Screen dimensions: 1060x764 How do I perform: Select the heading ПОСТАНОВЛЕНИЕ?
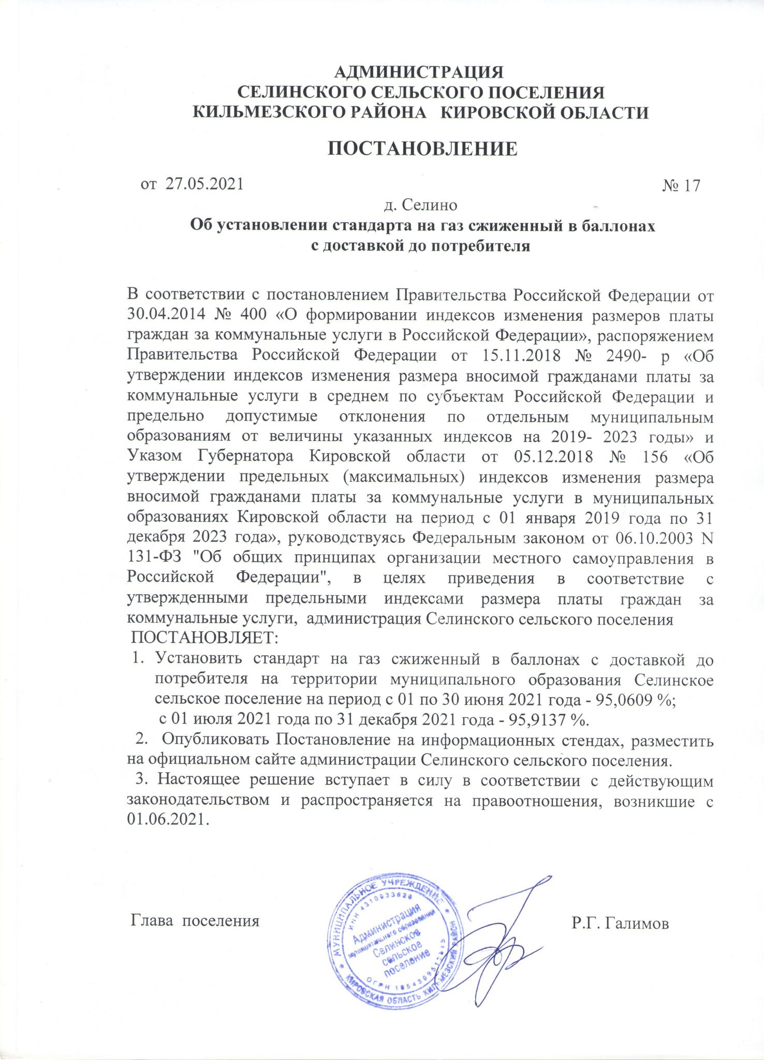point(422,149)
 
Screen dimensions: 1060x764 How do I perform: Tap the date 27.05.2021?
point(204,184)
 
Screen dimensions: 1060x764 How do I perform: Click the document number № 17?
point(681,185)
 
